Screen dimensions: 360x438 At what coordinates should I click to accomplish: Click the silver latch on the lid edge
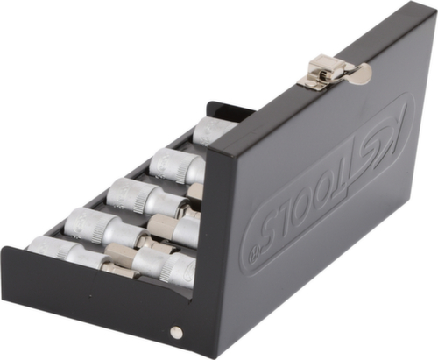[x=328, y=70]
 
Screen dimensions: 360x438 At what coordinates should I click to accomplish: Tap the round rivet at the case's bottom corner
[x=175, y=332]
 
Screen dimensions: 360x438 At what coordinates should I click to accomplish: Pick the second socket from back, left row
[x=172, y=165]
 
